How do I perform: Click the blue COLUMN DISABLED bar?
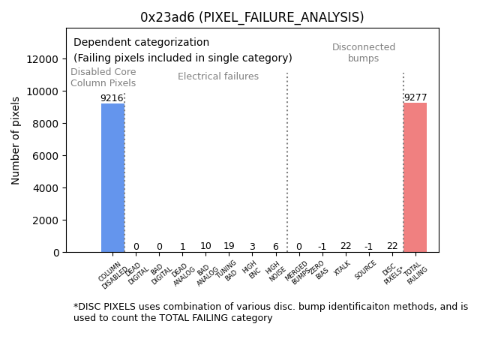112,178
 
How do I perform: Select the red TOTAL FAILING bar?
415,178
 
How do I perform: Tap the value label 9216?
112,98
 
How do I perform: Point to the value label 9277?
415,97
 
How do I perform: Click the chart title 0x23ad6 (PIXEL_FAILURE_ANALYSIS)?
252,17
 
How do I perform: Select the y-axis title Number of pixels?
16,140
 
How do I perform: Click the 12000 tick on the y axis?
43,59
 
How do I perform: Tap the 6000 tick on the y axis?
46,156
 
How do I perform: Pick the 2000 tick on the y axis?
46,220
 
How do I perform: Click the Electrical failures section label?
218,76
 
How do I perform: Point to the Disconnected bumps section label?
364,53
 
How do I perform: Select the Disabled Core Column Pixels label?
103,78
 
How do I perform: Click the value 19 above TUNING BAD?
229,246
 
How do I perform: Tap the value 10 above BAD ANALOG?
205,246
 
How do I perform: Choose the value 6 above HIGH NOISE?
275,247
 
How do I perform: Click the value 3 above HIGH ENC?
252,247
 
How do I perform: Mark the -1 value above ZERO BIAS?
322,247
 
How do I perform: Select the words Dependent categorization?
141,43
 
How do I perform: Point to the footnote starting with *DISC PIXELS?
270,312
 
